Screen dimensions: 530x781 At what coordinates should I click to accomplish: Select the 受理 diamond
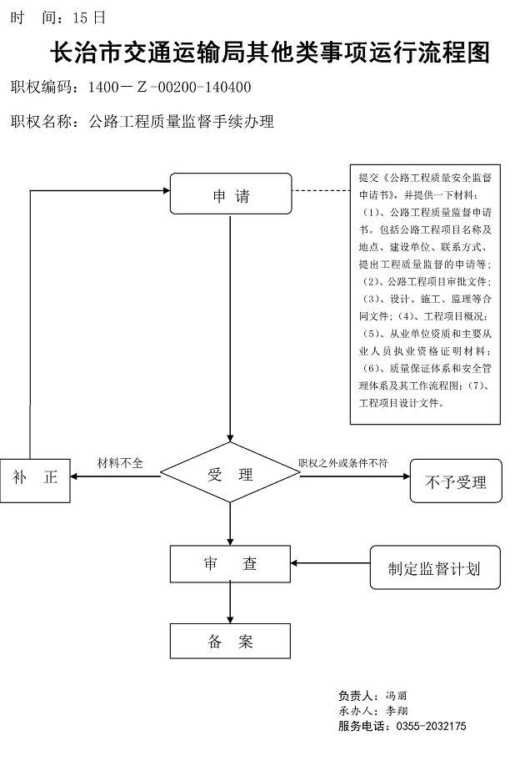point(230,472)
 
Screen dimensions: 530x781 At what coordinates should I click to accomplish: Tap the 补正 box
point(35,481)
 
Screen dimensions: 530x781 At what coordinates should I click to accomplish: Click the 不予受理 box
point(456,481)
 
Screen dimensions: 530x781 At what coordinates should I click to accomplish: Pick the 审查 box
point(230,564)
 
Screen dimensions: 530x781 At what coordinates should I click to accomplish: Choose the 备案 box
point(230,641)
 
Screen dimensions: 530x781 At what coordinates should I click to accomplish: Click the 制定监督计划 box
point(435,567)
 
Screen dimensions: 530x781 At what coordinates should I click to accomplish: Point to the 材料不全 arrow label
point(120,463)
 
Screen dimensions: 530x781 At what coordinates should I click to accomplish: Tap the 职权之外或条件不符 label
point(342,463)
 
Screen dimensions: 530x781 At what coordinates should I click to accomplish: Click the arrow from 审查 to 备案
point(230,602)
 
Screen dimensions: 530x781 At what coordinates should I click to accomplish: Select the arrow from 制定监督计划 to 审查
point(331,563)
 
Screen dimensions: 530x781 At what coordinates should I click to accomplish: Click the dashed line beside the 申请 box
point(321,191)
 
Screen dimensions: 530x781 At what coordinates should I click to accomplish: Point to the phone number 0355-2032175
point(431,726)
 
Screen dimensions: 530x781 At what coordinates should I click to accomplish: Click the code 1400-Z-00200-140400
point(169,87)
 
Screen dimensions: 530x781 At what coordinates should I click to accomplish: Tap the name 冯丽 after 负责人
point(396,696)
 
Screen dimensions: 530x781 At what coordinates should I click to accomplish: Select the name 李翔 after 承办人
point(397,711)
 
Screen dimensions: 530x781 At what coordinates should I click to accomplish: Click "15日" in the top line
point(89,18)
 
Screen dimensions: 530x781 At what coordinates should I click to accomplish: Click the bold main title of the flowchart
point(270,53)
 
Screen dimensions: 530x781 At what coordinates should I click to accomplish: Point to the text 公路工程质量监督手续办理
point(181,122)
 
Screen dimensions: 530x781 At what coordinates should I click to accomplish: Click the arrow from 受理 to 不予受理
point(355,476)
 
